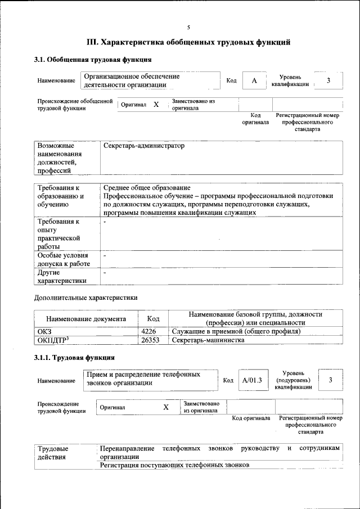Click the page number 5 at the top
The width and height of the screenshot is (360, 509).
[x=188, y=27]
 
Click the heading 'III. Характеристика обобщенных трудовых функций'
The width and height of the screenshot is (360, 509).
[x=188, y=42]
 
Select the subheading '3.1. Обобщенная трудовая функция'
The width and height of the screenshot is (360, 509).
[x=93, y=59]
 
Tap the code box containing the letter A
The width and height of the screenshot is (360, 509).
[x=254, y=80]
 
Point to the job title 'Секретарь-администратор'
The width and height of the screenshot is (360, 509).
[x=144, y=146]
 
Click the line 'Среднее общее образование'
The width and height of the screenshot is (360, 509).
[x=147, y=187]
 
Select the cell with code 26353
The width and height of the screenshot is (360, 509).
[x=153, y=340]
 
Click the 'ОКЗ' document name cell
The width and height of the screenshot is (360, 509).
[x=44, y=332]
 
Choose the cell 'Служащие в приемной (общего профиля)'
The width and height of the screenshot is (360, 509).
[x=236, y=332]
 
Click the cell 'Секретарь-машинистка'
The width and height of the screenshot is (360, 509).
[x=208, y=340]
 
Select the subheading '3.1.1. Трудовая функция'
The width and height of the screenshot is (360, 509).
[x=75, y=357]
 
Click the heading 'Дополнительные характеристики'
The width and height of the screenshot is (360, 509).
[x=85, y=298]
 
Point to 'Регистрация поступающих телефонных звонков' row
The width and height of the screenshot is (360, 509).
[x=174, y=465]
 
